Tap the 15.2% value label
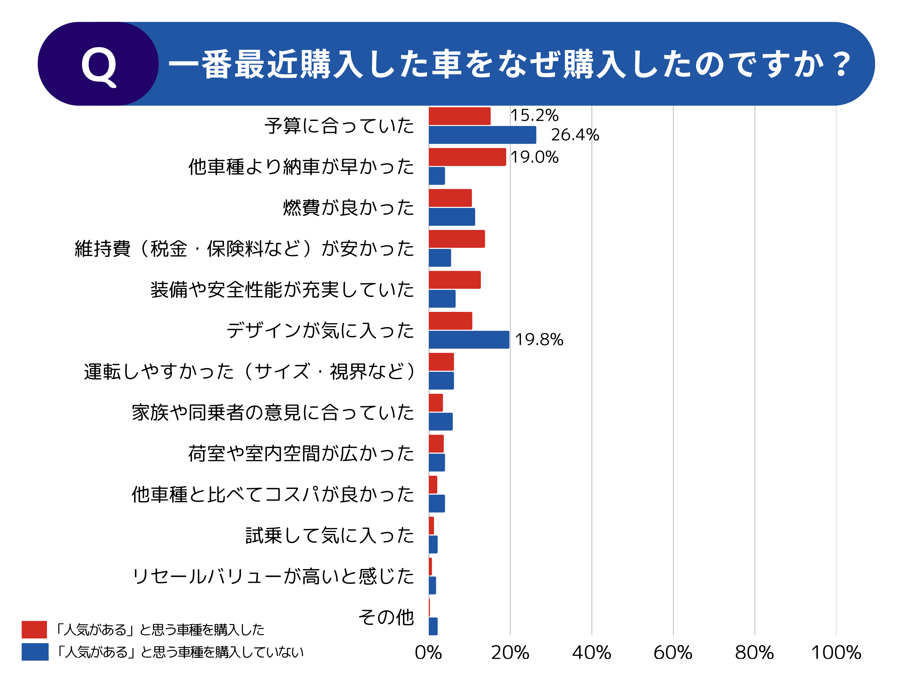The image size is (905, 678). pos(534,115)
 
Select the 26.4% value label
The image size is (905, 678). pos(575,135)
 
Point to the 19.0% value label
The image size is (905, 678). pos(534,157)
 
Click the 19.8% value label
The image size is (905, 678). pos(539,340)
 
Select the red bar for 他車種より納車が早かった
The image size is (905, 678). pos(467,157)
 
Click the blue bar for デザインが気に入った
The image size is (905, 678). pos(469,340)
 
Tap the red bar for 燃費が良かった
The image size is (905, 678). pos(450,198)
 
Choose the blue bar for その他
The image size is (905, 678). pos(433,626)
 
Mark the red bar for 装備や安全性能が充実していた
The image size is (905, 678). pos(454,280)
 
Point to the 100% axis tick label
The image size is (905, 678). pos(836,653)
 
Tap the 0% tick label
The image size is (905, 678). pos(428,653)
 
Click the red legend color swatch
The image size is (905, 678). pos(35,629)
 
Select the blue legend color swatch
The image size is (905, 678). pos(35,652)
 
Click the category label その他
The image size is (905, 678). pos(386,617)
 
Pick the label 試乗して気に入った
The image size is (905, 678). pos(330,535)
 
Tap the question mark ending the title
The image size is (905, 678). pos(842,65)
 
